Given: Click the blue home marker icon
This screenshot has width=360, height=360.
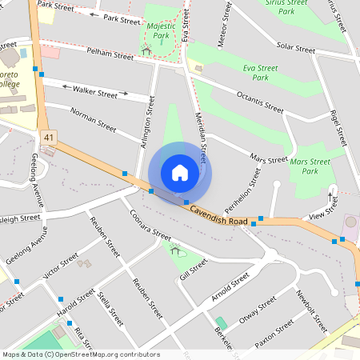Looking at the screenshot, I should [x=180, y=173].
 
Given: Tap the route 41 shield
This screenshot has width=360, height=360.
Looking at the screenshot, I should [x=50, y=138].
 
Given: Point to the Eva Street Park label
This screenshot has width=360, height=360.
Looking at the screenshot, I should [x=254, y=73].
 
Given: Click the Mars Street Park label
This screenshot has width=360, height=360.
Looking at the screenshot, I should [x=304, y=166].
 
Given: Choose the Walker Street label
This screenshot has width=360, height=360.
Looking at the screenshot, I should [x=94, y=92].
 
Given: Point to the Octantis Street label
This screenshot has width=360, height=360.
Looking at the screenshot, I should [x=259, y=102].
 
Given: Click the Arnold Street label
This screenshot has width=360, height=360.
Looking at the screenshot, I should [x=230, y=288].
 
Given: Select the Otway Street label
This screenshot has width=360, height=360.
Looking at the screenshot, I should [x=258, y=309].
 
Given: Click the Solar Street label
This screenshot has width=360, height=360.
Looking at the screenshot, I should [x=295, y=48].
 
